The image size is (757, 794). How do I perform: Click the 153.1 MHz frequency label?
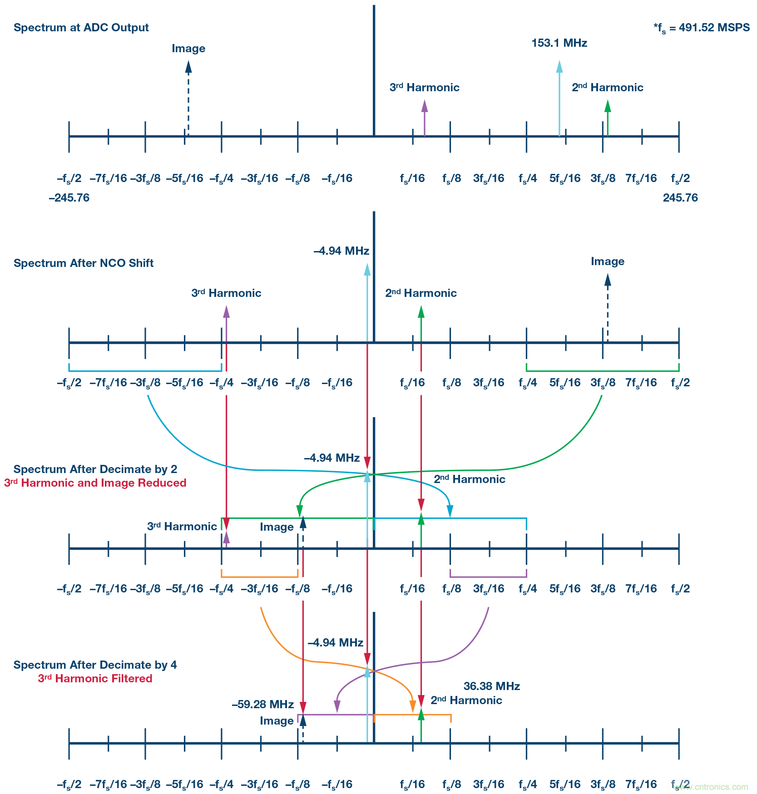559,43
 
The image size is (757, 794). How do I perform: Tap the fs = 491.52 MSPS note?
702,28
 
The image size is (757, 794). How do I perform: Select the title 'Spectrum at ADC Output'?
81,28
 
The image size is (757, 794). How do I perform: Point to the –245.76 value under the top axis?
69,198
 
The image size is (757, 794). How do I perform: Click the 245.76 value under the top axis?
680,198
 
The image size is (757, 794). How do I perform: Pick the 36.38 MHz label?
491,686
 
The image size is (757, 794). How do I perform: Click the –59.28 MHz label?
262,705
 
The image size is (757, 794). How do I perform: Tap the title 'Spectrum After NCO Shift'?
84,263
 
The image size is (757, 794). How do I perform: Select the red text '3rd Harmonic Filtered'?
95,679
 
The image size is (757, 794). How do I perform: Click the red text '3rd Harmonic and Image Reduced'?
95,483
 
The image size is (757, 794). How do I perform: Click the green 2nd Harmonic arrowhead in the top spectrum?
608,106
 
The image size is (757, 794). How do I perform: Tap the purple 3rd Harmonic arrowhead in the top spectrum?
425,106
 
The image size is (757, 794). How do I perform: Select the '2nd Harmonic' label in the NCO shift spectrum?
421,293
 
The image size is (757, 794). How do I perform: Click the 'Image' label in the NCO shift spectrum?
607,261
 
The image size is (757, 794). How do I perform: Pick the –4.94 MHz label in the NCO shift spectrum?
341,251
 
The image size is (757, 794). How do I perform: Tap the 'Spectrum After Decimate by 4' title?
95,665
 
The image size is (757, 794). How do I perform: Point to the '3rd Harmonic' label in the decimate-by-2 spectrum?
182,527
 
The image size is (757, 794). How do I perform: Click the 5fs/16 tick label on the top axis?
564,178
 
